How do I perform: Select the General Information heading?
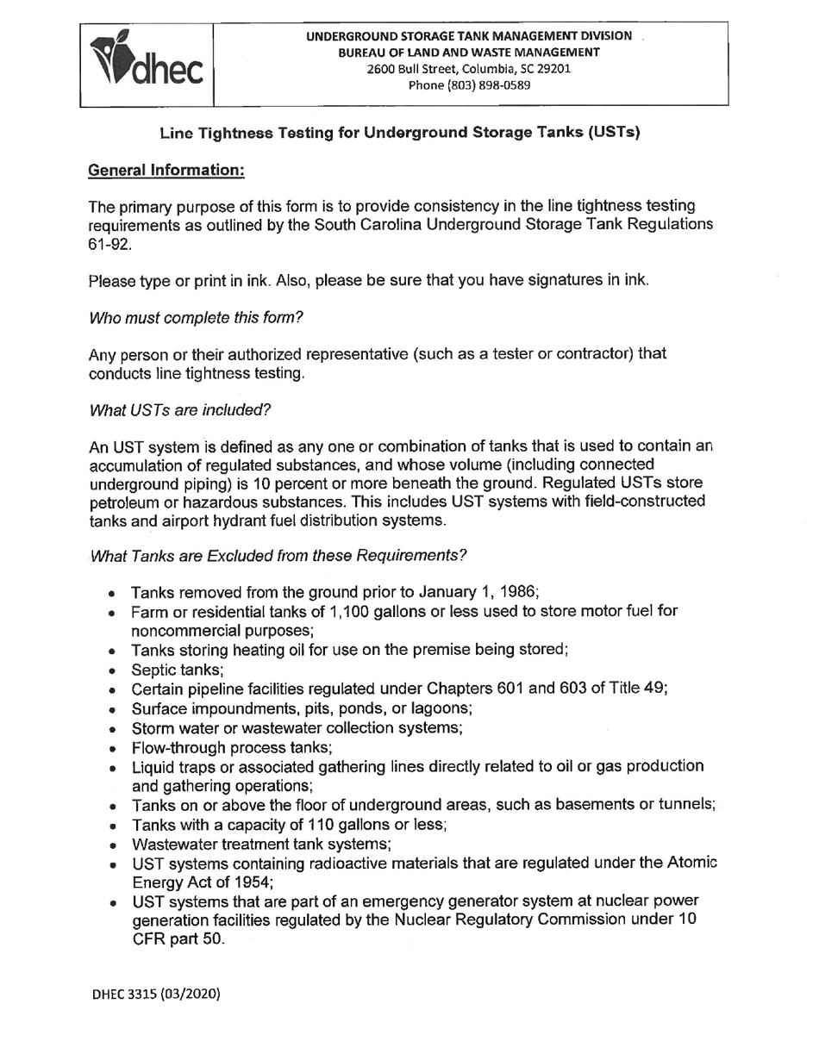tap(167, 171)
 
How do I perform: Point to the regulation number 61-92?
tap(109, 244)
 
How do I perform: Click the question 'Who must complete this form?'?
tap(196, 317)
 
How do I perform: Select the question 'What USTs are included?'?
tap(180, 409)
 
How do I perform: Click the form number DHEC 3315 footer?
tap(156, 994)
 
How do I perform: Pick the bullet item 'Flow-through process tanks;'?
tap(232, 747)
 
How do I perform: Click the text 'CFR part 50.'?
tap(178, 939)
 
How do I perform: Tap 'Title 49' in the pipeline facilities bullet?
tap(639, 689)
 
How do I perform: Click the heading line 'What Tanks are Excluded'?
tap(278, 556)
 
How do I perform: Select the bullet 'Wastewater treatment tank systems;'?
tap(261, 844)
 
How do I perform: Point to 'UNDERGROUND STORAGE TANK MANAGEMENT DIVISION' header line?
tap(469, 36)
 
